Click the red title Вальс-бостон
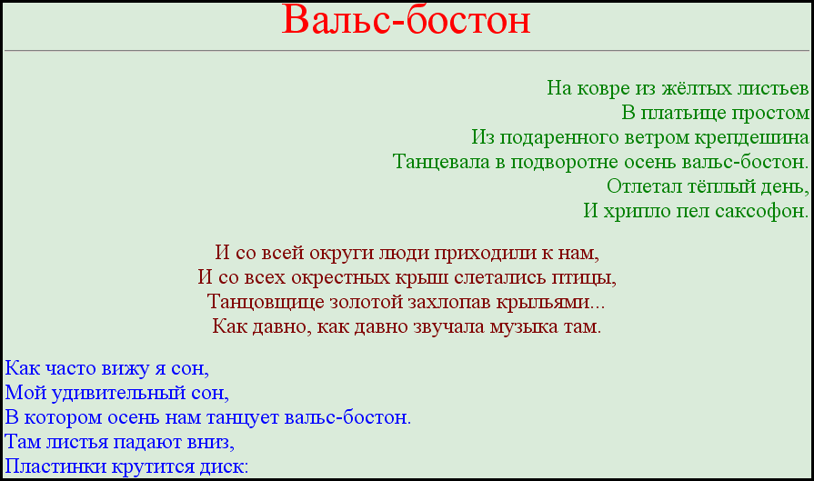pos(406,20)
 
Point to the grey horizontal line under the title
pos(407,51)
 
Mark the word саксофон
pos(761,211)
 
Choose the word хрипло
pos(628,212)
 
